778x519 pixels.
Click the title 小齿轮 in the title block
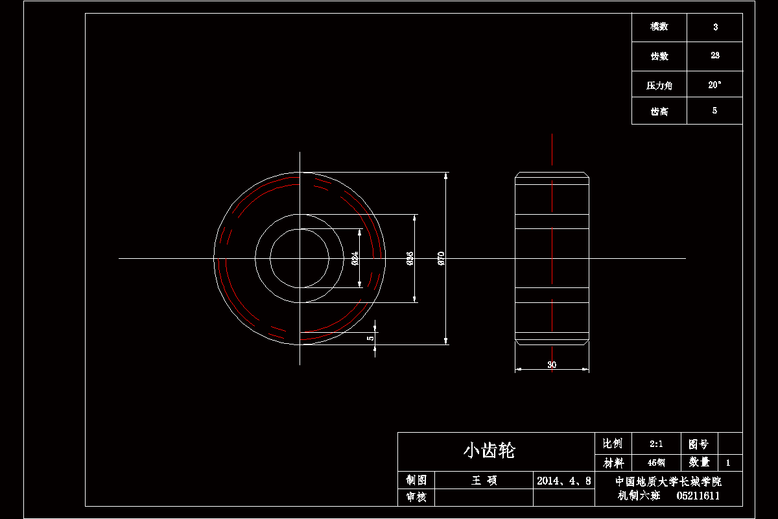click(489, 451)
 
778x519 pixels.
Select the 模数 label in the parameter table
click(659, 27)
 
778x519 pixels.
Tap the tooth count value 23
click(715, 56)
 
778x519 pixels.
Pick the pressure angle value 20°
click(715, 84)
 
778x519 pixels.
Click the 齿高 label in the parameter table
click(659, 111)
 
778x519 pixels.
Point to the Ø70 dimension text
click(441, 258)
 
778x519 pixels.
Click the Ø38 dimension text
click(410, 259)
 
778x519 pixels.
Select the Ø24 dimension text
click(355, 258)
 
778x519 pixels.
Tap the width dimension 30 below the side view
click(552, 365)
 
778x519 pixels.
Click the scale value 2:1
click(656, 444)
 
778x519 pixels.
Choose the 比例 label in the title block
click(613, 444)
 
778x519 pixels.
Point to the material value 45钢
click(656, 463)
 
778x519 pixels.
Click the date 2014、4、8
click(564, 481)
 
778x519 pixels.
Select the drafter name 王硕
click(484, 481)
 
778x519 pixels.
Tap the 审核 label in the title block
click(416, 498)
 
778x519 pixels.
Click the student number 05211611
click(698, 496)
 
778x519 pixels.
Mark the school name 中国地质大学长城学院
click(668, 481)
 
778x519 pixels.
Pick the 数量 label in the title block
click(700, 463)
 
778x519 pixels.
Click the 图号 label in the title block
click(699, 444)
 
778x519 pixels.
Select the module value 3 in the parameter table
click(715, 27)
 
